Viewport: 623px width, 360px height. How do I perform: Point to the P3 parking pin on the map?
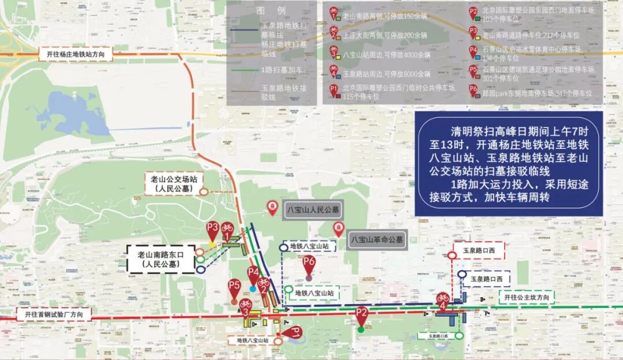point(213,229)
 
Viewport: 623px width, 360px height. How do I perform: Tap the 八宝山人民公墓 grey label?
point(313,210)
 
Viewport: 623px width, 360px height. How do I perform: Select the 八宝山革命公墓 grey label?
point(377,239)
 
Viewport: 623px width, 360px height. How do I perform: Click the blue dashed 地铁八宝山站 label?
point(313,246)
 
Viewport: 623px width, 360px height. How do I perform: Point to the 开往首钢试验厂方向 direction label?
point(54,315)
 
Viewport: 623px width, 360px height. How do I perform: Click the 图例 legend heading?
point(271,10)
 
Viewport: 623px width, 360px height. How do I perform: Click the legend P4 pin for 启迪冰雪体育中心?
point(474,51)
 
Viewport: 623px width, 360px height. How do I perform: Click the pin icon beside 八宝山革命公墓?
point(338,228)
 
